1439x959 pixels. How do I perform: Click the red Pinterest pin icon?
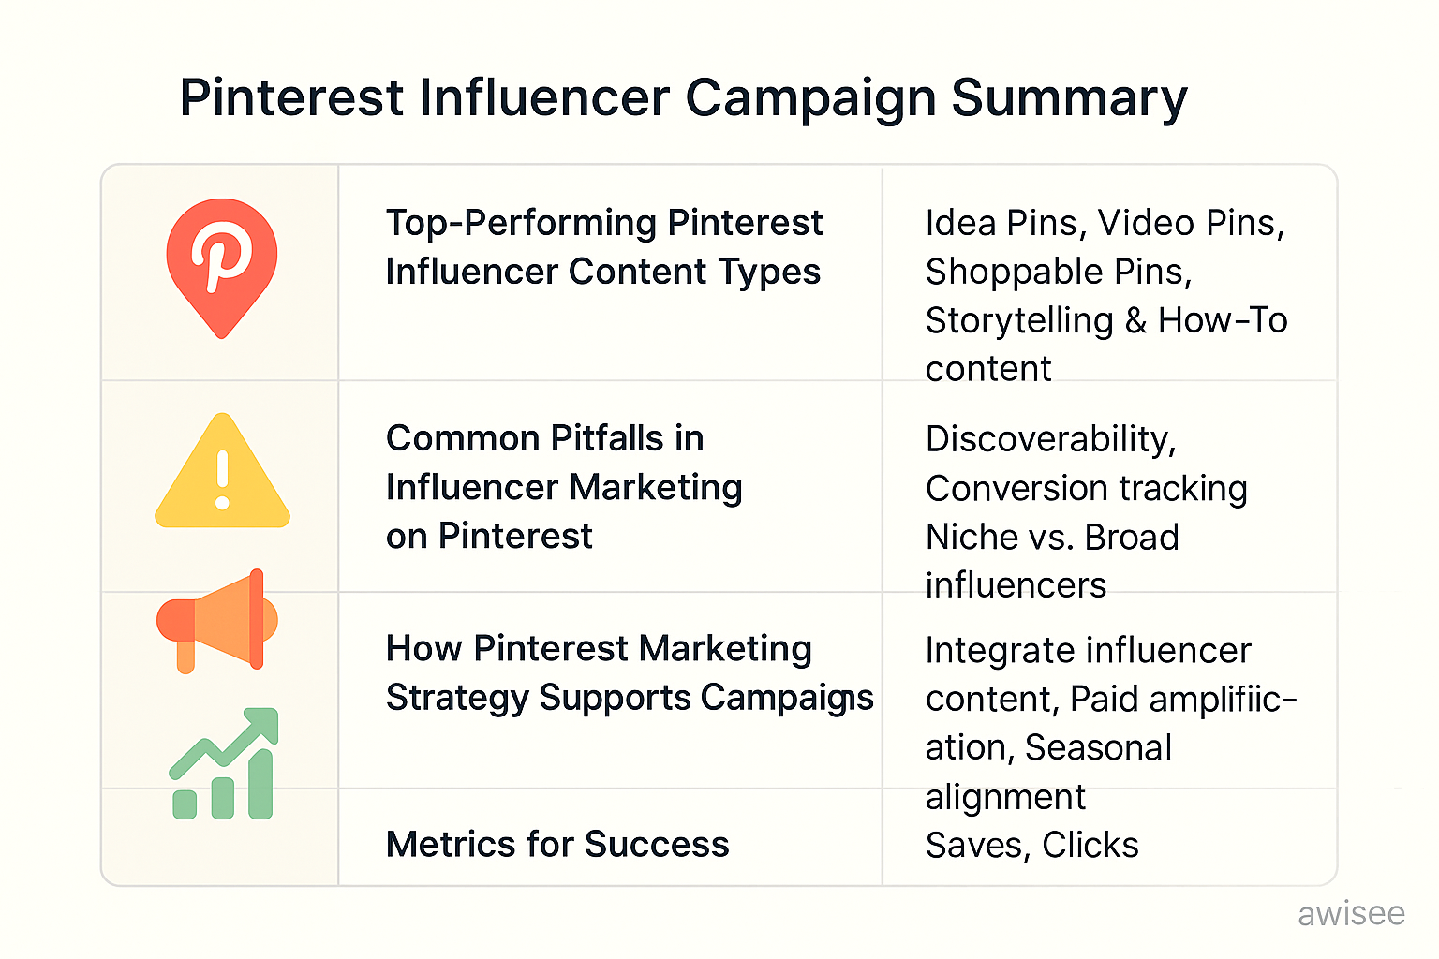[x=222, y=266]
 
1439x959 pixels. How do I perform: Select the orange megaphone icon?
[x=217, y=620]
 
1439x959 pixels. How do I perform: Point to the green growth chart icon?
[x=224, y=765]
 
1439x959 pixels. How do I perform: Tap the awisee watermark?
[x=1351, y=913]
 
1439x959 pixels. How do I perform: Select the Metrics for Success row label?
[x=557, y=844]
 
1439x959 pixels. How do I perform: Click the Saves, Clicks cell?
[x=1031, y=845]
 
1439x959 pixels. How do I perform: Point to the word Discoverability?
[x=1050, y=439]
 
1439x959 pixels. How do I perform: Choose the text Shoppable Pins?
[x=1058, y=272]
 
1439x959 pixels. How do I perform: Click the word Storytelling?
[x=1019, y=320]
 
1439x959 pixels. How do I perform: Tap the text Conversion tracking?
[x=1086, y=488]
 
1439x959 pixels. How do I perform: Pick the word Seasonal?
[x=1098, y=747]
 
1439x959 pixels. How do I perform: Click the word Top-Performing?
[x=521, y=223]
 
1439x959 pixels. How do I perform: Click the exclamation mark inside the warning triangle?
[x=222, y=479]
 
